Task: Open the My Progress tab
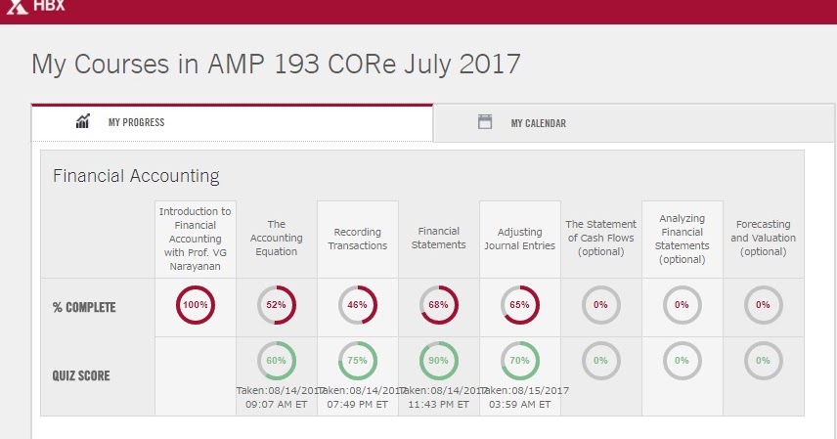[x=136, y=123]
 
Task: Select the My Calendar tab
[x=538, y=123]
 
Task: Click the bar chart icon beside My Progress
[x=83, y=122]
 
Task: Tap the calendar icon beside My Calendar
[x=484, y=122]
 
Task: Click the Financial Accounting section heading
[x=136, y=176]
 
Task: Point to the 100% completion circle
[x=196, y=305]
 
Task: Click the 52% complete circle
[x=277, y=305]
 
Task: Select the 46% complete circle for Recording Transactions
[x=358, y=305]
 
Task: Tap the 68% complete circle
[x=439, y=305]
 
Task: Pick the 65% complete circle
[x=520, y=305]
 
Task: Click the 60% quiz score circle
[x=277, y=361]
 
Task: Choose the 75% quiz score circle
[x=358, y=361]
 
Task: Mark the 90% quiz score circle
[x=439, y=361]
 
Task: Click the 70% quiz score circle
[x=520, y=361]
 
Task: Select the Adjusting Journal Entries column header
[x=520, y=239]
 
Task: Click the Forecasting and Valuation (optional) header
[x=763, y=238]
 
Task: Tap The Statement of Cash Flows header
[x=600, y=238]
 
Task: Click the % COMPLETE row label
[x=84, y=307]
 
